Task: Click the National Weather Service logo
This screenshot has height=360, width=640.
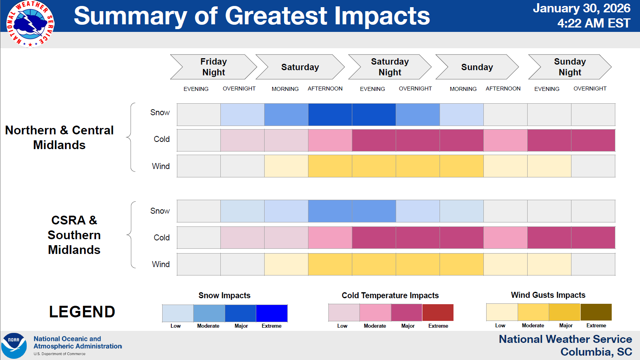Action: [x=30, y=24]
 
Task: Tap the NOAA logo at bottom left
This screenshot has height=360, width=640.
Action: [x=14, y=346]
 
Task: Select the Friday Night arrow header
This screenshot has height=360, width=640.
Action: [x=213, y=67]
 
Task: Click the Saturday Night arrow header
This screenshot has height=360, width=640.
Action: [x=390, y=67]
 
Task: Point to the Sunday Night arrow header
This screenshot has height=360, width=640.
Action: [x=569, y=67]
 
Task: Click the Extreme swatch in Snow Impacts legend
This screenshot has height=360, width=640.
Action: [x=271, y=313]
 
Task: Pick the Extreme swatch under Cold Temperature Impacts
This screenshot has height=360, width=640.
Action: [x=438, y=313]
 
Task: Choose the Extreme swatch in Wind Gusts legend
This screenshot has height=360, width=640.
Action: [x=596, y=312]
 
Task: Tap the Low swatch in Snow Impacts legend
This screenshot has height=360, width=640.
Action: [x=178, y=313]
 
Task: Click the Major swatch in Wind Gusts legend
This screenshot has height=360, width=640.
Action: [x=565, y=312]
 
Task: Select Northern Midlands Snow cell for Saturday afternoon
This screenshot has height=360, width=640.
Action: [x=330, y=114]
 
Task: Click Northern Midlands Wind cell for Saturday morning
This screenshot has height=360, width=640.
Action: [x=286, y=166]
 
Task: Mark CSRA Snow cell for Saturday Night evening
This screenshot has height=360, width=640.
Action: [x=374, y=211]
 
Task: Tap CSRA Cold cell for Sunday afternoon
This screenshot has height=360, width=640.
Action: [x=505, y=238]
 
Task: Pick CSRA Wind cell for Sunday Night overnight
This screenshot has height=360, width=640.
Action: [x=593, y=264]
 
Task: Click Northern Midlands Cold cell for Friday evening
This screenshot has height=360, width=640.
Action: [x=198, y=140]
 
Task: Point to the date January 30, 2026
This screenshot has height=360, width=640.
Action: [x=581, y=8]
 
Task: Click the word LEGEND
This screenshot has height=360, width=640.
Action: [x=82, y=312]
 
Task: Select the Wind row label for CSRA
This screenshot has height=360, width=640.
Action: [x=161, y=264]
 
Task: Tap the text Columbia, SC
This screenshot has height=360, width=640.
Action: [x=596, y=352]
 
